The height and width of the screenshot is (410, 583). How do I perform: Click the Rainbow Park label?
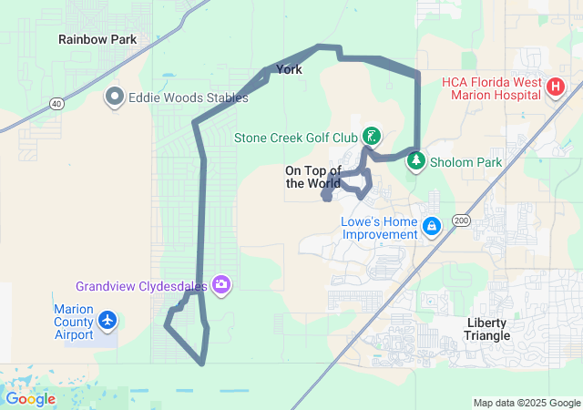[97, 39]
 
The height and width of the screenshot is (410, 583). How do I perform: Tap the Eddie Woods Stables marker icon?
[115, 96]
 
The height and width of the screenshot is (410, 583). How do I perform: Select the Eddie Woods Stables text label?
[188, 97]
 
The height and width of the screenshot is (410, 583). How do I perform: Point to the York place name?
[289, 69]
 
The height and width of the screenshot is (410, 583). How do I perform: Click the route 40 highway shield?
[57, 104]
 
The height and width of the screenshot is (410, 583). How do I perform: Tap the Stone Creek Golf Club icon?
[372, 137]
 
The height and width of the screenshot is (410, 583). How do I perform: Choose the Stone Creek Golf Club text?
[296, 138]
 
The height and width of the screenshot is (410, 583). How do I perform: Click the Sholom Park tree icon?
[415, 161]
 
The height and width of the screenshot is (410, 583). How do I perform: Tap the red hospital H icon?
[556, 87]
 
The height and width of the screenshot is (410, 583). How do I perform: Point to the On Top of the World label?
[312, 177]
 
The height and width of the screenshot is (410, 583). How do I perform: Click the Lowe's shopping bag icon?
[432, 225]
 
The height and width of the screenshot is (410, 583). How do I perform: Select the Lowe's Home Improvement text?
[379, 228]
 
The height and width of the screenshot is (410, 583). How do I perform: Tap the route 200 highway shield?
[460, 220]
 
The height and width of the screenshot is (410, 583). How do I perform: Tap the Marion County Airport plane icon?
[108, 320]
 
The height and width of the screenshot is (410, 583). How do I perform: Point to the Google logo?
[30, 399]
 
